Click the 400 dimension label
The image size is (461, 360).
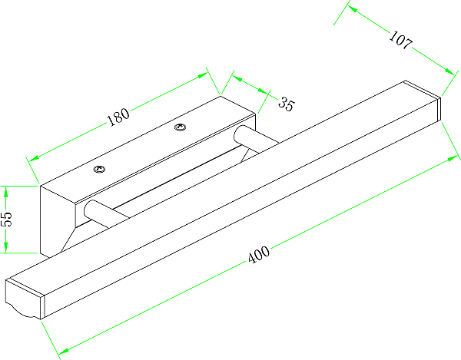coord(259,254)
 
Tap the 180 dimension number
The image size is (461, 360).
coord(118,117)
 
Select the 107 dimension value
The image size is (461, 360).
coord(400,40)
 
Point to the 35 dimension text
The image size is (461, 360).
coord(286,104)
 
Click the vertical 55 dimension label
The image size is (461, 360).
coord(7,219)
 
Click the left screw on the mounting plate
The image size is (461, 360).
coord(99,169)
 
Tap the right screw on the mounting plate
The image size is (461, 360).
coord(180,127)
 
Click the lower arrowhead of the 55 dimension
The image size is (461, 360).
coord(6,246)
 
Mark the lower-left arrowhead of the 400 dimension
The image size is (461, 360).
coord(63,351)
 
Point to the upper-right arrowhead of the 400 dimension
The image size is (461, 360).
coord(453,159)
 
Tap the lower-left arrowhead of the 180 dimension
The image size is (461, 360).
coord(35,158)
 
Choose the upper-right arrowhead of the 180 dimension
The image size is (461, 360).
coord(203,75)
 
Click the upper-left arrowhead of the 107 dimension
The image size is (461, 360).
coord(353,9)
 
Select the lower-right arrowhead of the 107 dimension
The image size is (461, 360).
coord(450,71)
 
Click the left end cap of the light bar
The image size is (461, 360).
coord(25,298)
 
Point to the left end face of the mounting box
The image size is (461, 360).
coord(58,220)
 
